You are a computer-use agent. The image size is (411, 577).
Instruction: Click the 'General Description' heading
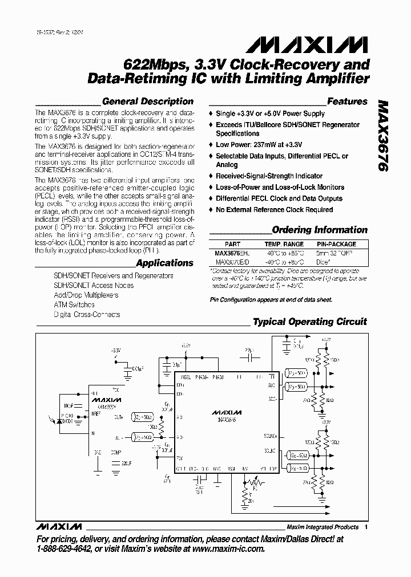[x=147, y=101]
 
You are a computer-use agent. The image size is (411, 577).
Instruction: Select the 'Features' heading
[x=347, y=101]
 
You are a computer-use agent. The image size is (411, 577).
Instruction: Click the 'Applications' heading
[x=164, y=263]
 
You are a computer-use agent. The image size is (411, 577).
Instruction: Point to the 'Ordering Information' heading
[x=320, y=230]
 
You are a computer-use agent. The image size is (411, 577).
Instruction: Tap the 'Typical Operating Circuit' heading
[x=309, y=322]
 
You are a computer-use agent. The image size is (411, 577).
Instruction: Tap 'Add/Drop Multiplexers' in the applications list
[x=86, y=295]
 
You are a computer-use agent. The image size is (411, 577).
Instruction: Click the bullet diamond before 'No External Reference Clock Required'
[x=211, y=210]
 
